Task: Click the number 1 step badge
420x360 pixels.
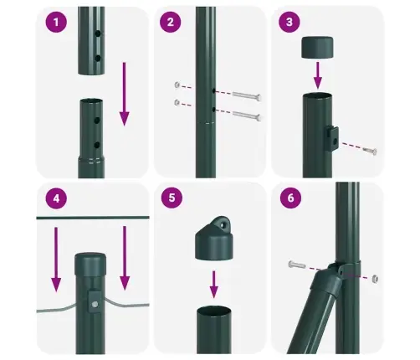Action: [x=57, y=23]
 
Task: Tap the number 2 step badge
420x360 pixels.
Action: [x=171, y=23]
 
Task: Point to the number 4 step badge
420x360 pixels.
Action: [x=57, y=200]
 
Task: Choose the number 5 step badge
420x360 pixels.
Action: [x=171, y=200]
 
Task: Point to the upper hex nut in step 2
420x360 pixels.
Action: [x=177, y=85]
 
